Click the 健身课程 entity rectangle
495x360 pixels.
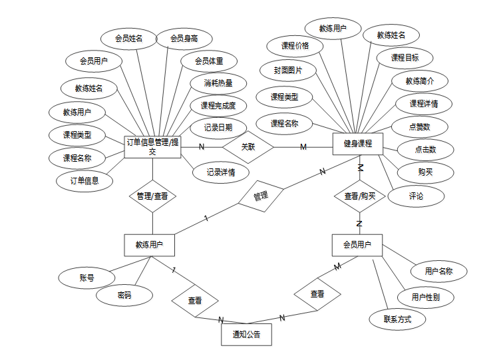tap(358, 144)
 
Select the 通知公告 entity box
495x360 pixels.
tap(246, 334)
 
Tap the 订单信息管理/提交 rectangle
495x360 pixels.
tap(152, 146)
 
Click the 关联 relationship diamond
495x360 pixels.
tap(247, 146)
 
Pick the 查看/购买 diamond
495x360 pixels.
tap(359, 196)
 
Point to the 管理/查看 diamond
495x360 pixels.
tap(152, 196)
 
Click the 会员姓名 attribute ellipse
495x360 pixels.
tap(128, 39)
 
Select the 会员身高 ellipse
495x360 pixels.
tap(184, 39)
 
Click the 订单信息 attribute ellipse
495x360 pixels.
tap(84, 180)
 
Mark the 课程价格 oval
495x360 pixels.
tap(295, 46)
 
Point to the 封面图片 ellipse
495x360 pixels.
tap(287, 69)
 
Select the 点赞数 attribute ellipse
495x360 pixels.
tap(418, 126)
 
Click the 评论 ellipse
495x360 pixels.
tap(416, 196)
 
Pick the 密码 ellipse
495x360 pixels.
tap(124, 295)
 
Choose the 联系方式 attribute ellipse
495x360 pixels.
tap(397, 319)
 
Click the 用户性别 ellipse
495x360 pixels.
tap(425, 297)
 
